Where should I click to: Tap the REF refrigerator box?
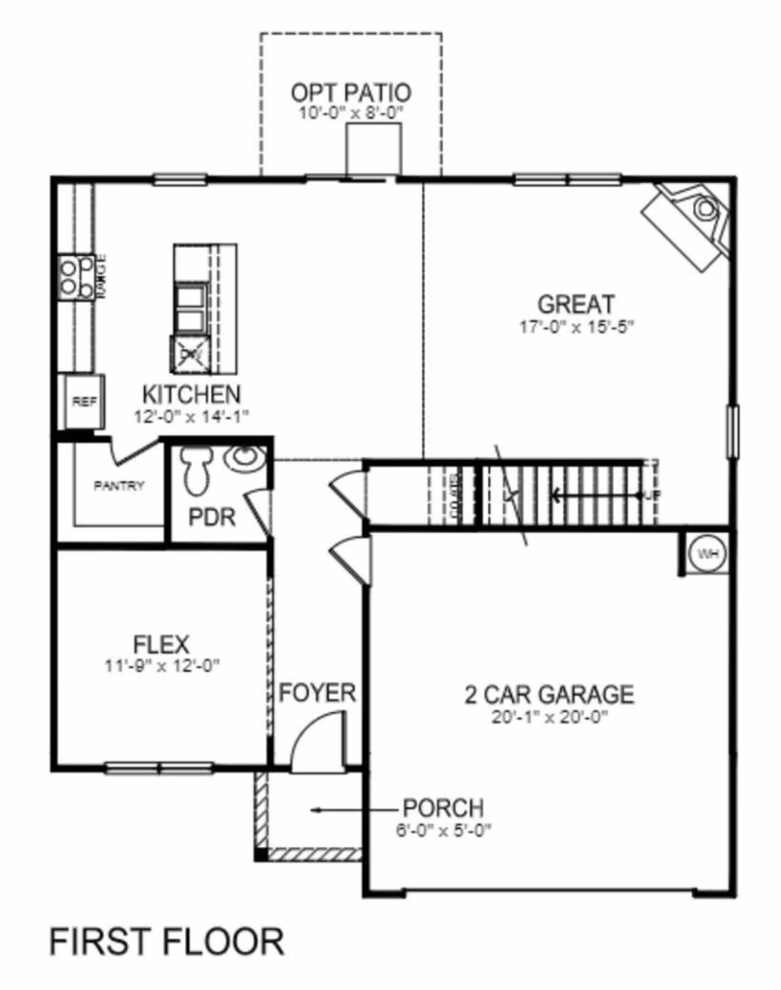(84, 402)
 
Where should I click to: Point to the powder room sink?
(245, 458)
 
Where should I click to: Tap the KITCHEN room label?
(192, 394)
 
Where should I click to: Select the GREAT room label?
(575, 304)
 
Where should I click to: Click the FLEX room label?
(161, 644)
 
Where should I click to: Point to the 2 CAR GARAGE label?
(549, 694)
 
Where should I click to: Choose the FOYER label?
(317, 693)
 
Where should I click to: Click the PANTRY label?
(119, 486)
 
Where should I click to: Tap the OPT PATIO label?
(351, 93)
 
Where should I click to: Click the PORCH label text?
(444, 808)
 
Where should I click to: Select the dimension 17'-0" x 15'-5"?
(577, 327)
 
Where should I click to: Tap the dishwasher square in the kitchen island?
(190, 353)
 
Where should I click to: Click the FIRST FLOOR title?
(167, 941)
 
